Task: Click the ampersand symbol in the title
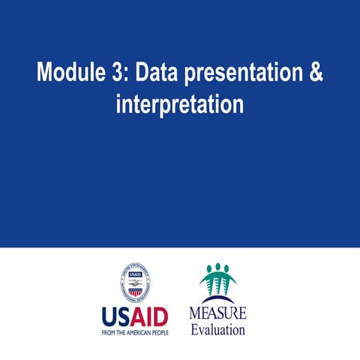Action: tap(315, 73)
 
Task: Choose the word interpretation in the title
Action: tap(180, 105)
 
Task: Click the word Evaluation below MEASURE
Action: tap(217, 328)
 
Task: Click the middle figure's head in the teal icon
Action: tap(217, 267)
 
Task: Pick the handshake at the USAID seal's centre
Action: tap(135, 283)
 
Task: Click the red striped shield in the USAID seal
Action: tap(135, 292)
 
